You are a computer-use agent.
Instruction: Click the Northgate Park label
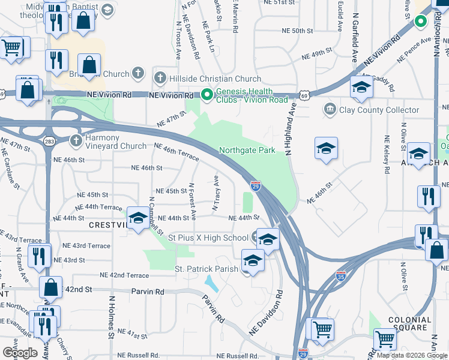(x=247, y=150)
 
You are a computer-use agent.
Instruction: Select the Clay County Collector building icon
(x=330, y=110)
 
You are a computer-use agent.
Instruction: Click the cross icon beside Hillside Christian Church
(x=160, y=78)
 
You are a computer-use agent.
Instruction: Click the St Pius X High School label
(x=208, y=238)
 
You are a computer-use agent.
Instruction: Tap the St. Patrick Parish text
(x=206, y=269)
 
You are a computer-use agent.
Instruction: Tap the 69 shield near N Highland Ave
(x=305, y=95)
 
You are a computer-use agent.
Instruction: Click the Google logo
(x=20, y=353)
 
